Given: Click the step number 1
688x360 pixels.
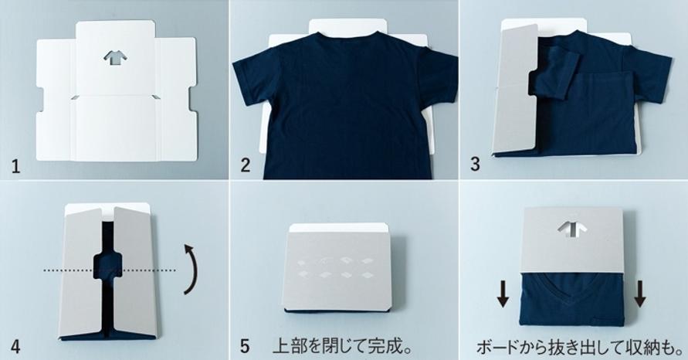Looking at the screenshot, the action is click(x=15, y=167).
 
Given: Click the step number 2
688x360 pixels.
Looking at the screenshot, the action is click(x=246, y=165).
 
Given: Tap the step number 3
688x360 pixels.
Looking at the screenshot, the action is click(x=475, y=165).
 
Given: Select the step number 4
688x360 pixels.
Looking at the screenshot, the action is click(x=15, y=346).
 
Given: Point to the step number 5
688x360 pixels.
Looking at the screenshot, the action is click(x=245, y=346).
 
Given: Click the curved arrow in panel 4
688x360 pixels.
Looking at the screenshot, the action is click(x=191, y=268).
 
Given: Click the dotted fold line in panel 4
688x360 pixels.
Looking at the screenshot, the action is click(x=110, y=270).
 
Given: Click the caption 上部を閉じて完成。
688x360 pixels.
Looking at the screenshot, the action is click(x=343, y=346).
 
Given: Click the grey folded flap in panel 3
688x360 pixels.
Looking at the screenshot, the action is click(x=517, y=89).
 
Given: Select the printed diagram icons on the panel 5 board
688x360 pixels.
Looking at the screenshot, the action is click(x=335, y=268).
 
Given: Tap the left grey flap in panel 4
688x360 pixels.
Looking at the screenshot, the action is click(x=82, y=273).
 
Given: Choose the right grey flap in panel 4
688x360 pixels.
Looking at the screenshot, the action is click(x=134, y=272).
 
